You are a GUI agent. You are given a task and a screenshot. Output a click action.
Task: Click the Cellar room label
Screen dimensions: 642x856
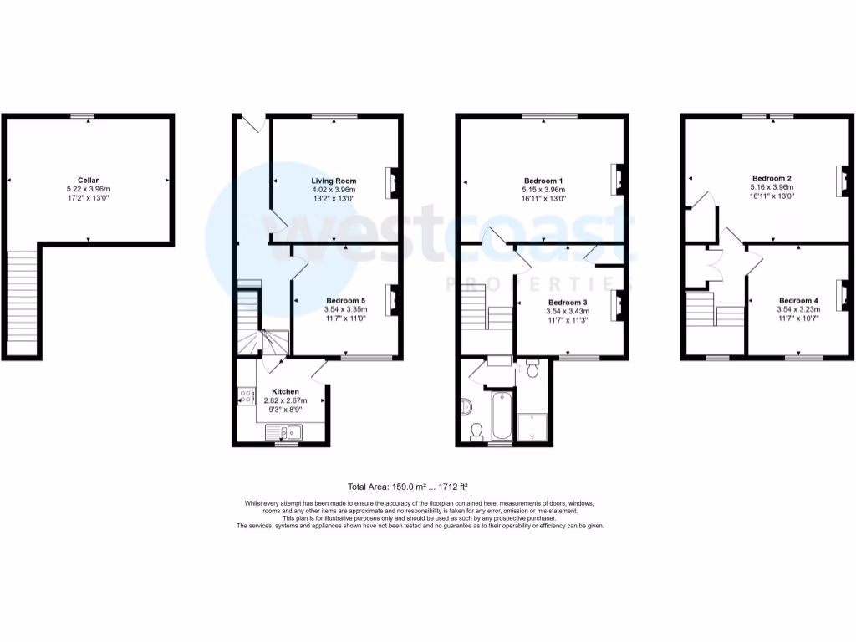pyautogui.click(x=88, y=180)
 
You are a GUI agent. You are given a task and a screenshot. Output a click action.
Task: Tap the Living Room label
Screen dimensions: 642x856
pyautogui.click(x=334, y=181)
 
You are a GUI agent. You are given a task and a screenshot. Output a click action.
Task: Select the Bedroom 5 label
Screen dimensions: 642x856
pyautogui.click(x=345, y=301)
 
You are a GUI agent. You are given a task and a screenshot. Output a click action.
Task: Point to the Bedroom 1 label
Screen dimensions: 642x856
pyautogui.click(x=543, y=181)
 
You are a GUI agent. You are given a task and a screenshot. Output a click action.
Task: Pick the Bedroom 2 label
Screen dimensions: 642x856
pyautogui.click(x=772, y=178)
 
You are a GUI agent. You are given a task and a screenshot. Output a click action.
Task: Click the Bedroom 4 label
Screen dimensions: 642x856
pyautogui.click(x=798, y=301)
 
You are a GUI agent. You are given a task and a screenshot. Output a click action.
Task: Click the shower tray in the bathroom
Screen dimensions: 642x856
pyautogui.click(x=532, y=427)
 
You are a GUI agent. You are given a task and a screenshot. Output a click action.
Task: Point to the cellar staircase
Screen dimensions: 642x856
pyautogui.click(x=22, y=301)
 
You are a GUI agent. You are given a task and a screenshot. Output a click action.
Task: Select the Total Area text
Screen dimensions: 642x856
pyautogui.click(x=413, y=487)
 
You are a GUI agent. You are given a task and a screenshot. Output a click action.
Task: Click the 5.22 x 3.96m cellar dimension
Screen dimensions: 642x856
pyautogui.click(x=88, y=189)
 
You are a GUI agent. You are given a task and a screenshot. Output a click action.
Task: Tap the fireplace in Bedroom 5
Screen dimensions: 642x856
pyautogui.click(x=391, y=301)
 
